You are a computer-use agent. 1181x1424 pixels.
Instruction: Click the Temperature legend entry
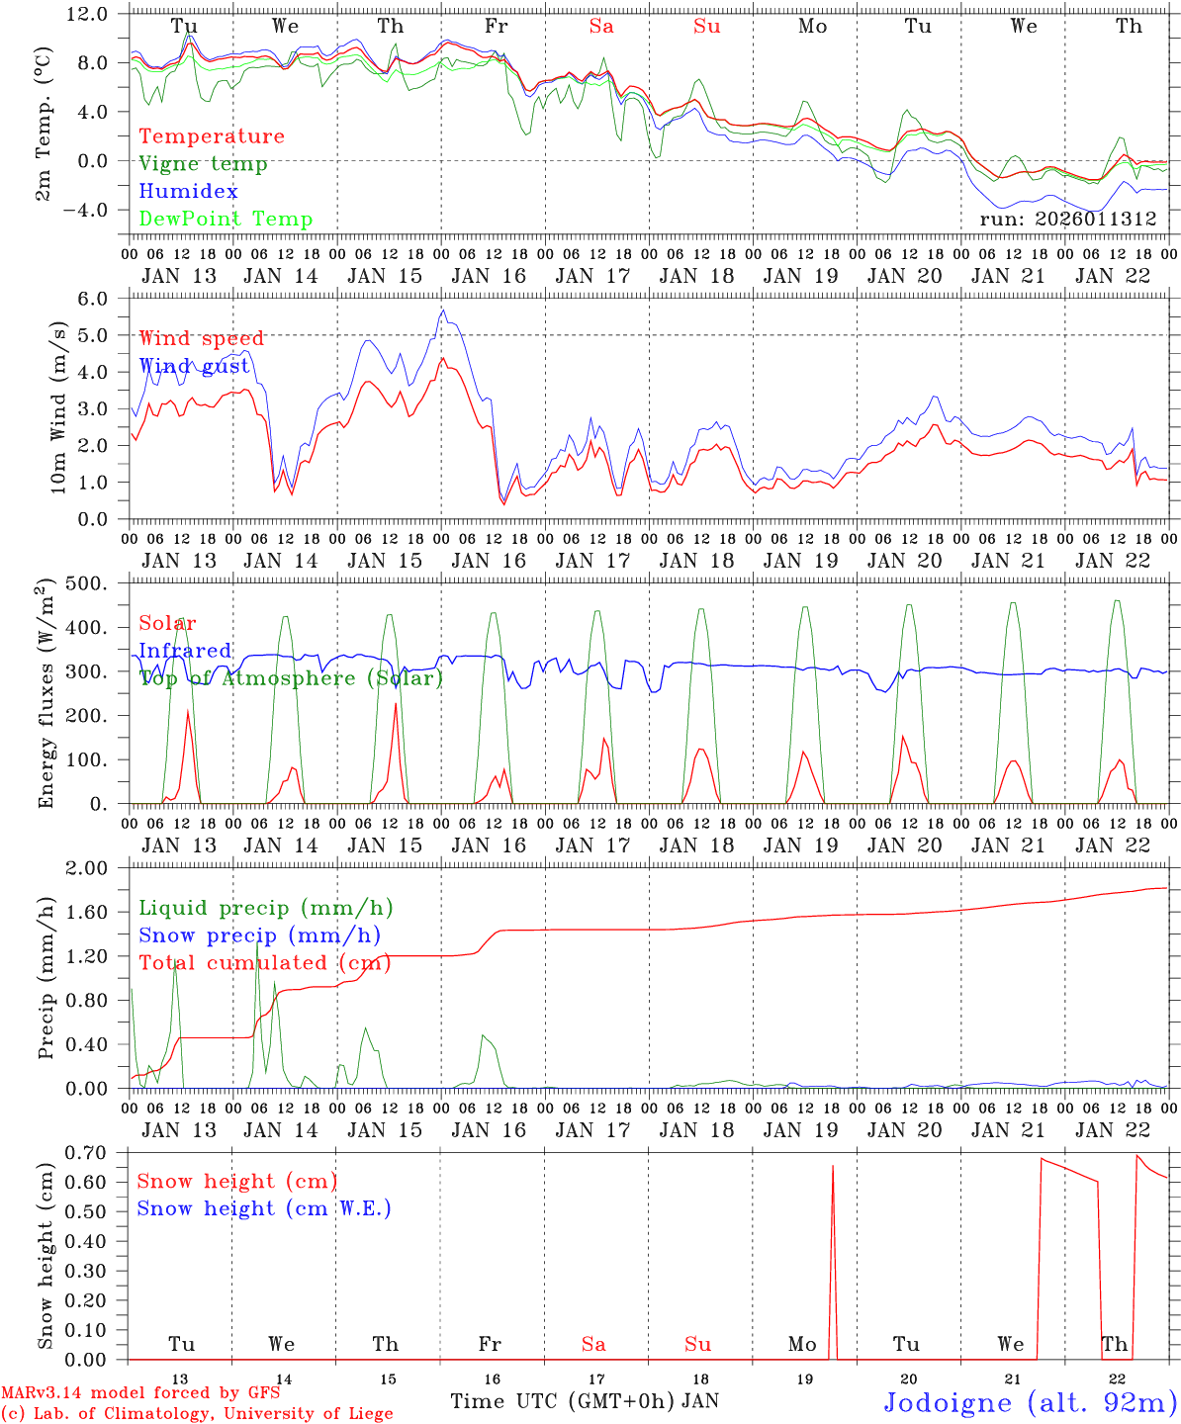pos(212,136)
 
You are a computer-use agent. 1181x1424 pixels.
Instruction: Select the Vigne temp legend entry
pos(203,164)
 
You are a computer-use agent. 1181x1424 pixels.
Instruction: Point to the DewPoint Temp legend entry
pos(226,220)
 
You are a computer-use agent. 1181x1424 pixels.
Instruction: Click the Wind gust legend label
pos(194,366)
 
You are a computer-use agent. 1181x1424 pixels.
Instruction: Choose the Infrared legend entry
pos(185,651)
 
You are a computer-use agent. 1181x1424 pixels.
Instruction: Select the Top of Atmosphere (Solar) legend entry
pos(291,678)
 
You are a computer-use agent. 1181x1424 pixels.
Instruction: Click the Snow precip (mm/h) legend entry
pos(259,935)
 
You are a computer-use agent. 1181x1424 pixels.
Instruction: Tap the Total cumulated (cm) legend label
pos(264,963)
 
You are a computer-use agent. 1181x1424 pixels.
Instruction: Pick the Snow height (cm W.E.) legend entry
pos(264,1208)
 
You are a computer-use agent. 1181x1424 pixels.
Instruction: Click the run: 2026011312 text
pos(1068,220)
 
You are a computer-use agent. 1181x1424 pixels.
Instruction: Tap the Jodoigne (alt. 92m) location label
pos(1030,1402)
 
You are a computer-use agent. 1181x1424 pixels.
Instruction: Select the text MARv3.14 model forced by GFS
pos(139,1393)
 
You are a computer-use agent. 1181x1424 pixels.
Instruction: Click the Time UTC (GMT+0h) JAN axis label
pos(584,1401)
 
